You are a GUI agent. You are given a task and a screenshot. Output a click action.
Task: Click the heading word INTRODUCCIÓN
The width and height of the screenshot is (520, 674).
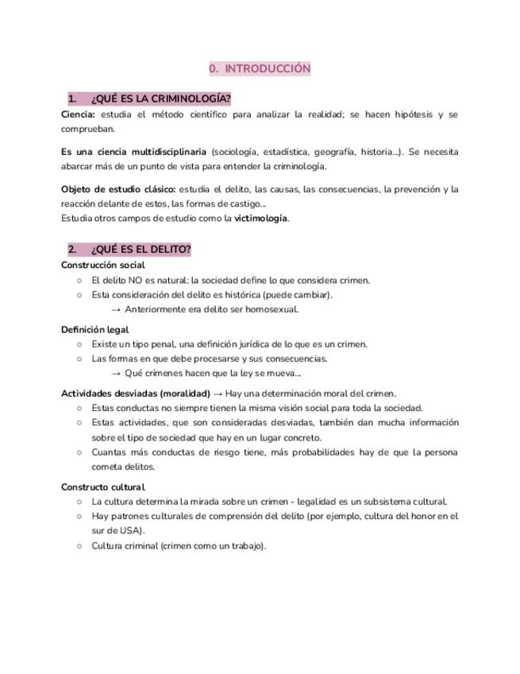(x=268, y=69)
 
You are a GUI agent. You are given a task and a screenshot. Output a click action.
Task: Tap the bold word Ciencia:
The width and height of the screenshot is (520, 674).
(x=78, y=114)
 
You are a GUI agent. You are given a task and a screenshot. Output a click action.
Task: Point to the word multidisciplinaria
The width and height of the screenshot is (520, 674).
(x=168, y=152)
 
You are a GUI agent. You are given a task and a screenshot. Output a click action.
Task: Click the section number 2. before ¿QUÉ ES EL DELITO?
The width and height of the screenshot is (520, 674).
(x=72, y=250)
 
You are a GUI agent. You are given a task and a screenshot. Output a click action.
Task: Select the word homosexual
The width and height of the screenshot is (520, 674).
(x=271, y=309)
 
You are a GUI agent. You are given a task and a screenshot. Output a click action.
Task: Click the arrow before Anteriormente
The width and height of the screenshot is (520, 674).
(x=116, y=309)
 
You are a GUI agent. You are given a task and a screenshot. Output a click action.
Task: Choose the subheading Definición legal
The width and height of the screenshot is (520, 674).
(x=94, y=329)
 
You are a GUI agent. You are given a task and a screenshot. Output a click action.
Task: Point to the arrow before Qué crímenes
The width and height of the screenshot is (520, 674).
(x=116, y=373)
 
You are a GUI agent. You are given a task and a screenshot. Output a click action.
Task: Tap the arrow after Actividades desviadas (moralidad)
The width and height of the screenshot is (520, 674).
(x=218, y=393)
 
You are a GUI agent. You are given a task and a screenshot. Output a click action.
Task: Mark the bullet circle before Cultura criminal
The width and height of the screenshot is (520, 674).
(x=79, y=546)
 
